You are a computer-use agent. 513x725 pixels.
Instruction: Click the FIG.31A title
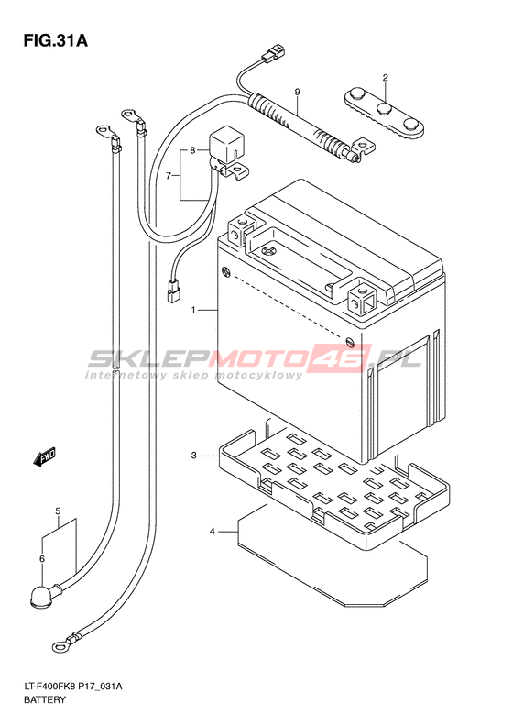click(x=56, y=41)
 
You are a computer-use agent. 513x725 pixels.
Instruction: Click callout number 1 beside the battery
click(x=194, y=310)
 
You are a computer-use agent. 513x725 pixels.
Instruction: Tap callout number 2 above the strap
click(x=385, y=77)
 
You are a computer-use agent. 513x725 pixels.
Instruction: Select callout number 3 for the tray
click(x=194, y=456)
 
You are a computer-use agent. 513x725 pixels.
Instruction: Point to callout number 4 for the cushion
click(x=213, y=532)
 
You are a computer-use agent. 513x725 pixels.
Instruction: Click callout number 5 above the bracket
click(x=58, y=511)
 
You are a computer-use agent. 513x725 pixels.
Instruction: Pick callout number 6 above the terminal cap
click(x=42, y=559)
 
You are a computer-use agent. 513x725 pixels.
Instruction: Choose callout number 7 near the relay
click(x=169, y=176)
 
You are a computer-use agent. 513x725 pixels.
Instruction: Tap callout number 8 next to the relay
click(x=192, y=150)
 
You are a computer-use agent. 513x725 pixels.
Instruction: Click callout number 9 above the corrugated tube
click(x=297, y=93)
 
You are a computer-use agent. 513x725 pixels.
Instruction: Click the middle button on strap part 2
click(x=385, y=110)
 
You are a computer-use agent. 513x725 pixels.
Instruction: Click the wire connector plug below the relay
click(x=173, y=292)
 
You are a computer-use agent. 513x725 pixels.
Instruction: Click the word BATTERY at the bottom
click(x=44, y=699)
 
